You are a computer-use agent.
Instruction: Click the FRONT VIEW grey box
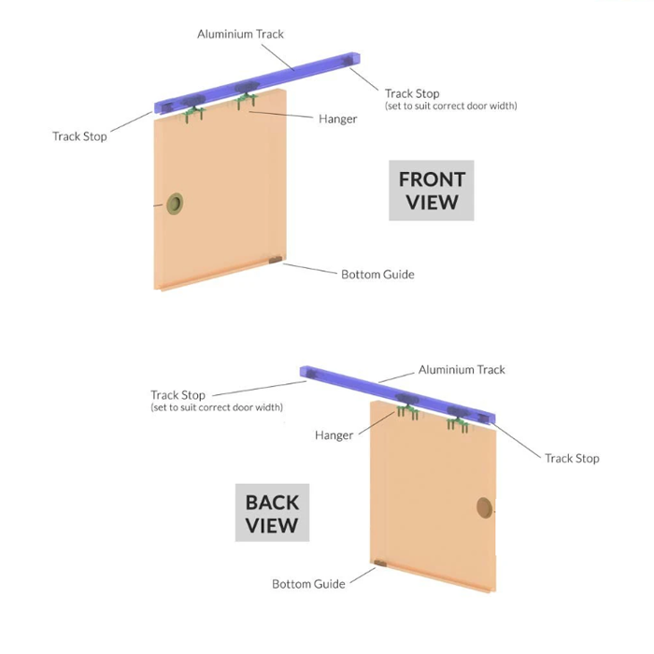[x=432, y=191]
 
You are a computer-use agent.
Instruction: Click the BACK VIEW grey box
[x=272, y=513]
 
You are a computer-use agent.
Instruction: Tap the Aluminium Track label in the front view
[x=240, y=35]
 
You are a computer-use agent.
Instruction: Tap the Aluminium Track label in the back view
[x=462, y=370]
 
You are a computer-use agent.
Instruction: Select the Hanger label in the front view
[x=338, y=120]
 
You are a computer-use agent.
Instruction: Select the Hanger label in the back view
[x=334, y=435]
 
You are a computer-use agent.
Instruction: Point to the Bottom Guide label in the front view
[x=377, y=275]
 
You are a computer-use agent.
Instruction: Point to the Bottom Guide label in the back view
[x=308, y=584]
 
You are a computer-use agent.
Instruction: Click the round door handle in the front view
[x=175, y=204]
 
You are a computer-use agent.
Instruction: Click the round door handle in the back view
[x=484, y=507]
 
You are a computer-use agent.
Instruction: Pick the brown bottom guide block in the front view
[x=276, y=261]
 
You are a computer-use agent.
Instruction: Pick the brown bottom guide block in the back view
[x=380, y=563]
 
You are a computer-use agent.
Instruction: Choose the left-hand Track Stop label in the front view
[x=79, y=136]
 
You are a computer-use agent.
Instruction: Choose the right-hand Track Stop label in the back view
[x=572, y=459]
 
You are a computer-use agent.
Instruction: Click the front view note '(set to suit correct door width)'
[x=451, y=106]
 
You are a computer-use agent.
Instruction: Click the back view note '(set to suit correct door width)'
[x=217, y=407]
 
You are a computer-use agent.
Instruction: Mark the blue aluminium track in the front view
[x=257, y=83]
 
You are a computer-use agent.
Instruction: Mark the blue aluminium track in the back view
[x=397, y=394]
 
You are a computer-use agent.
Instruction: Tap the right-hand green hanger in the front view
[x=246, y=100]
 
